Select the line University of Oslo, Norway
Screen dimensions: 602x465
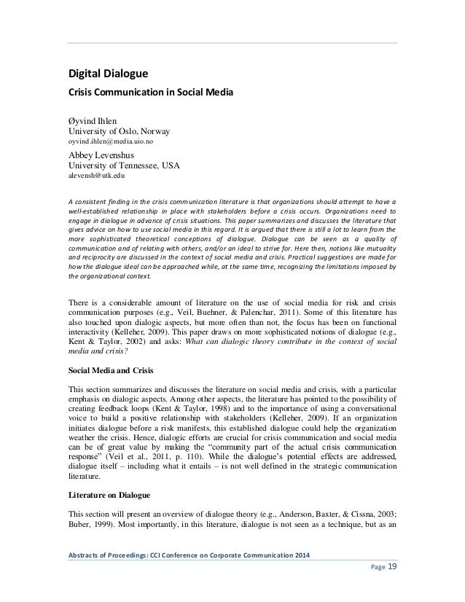[118, 132]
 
